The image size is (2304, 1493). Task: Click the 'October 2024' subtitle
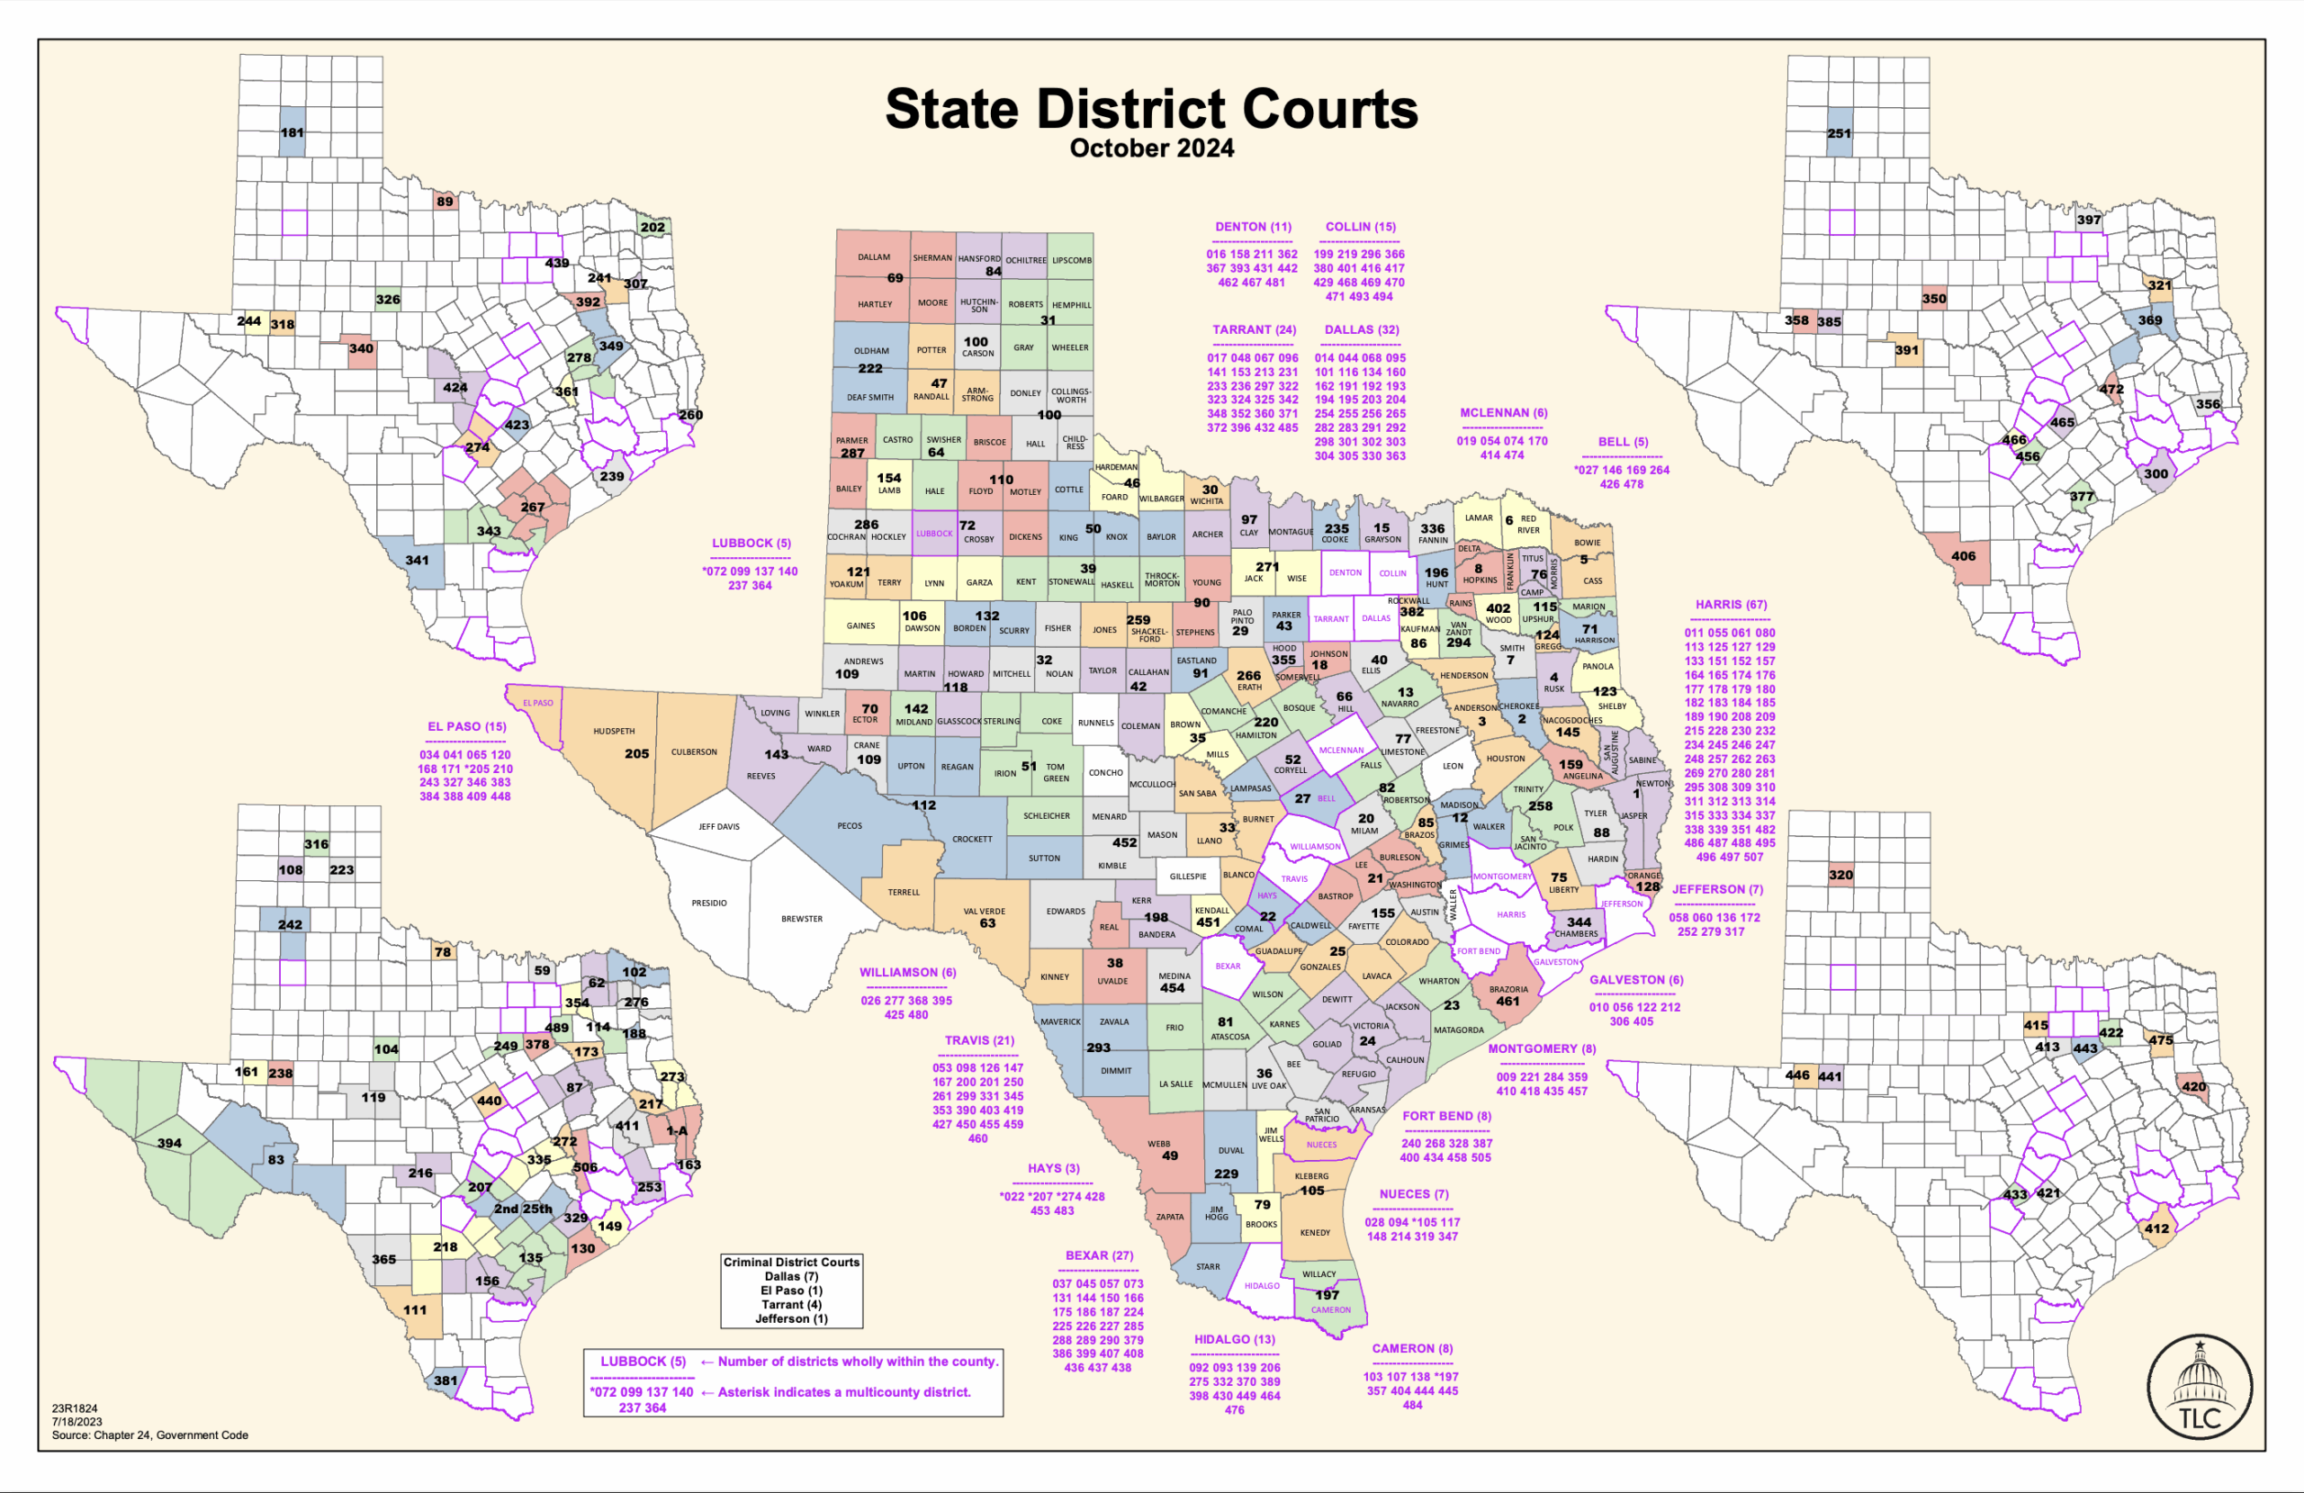1151,149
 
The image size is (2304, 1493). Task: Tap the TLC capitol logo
2200,1386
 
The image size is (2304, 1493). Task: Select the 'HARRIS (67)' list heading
1731,604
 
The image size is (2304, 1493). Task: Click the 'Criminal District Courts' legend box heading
791,1262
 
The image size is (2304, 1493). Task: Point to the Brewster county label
802,919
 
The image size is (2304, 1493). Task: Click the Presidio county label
708,904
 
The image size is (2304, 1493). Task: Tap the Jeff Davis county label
718,827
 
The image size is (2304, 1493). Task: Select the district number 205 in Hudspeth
636,753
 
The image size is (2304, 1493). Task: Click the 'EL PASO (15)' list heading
466,726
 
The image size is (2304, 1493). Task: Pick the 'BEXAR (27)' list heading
1099,1255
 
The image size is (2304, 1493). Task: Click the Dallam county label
873,257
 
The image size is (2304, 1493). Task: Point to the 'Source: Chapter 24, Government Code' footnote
150,1435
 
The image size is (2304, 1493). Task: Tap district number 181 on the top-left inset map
292,132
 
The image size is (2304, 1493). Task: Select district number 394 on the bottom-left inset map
169,1144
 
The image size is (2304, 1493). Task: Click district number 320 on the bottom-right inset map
1840,875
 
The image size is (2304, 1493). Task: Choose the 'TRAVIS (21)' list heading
980,1039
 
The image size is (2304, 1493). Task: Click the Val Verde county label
985,911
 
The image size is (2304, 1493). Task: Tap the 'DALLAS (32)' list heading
1361,329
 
